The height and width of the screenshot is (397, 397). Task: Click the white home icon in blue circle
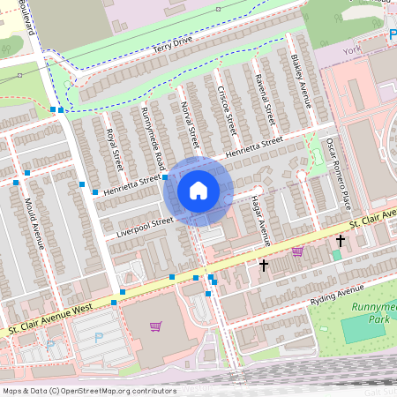click(198, 191)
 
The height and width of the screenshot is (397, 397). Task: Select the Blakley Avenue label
click(301, 80)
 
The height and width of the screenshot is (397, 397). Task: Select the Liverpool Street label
click(145, 228)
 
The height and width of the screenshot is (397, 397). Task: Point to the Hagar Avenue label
click(259, 221)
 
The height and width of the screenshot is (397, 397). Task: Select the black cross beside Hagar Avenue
click(263, 265)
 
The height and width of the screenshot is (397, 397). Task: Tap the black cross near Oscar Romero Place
click(340, 240)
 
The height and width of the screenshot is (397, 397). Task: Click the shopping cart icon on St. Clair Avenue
click(296, 251)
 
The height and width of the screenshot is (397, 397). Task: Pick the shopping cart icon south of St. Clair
click(155, 326)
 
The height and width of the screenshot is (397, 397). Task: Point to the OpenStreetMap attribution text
click(89, 390)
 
